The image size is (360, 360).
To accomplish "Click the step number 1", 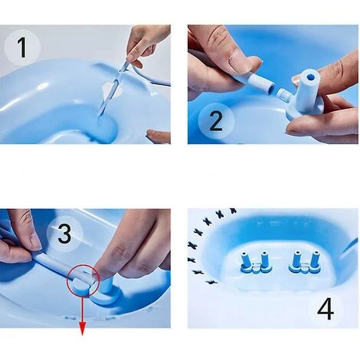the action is coord(22,47).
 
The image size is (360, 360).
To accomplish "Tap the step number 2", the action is coord(216,121).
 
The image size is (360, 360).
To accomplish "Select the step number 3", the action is coord(64,234).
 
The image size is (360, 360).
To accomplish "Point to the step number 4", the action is coord(326,309).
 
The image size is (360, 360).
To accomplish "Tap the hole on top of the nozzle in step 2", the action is coord(310,77).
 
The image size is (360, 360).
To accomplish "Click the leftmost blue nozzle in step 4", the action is coord(245,261).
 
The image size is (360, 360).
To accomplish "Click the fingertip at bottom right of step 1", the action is coord(159,136).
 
